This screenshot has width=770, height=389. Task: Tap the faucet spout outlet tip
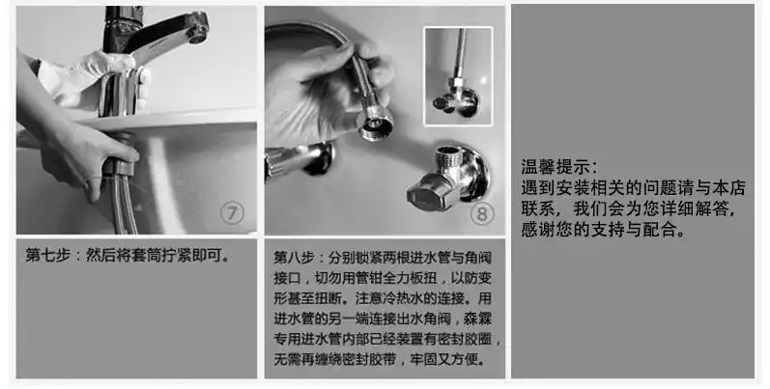(x=196, y=34)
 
